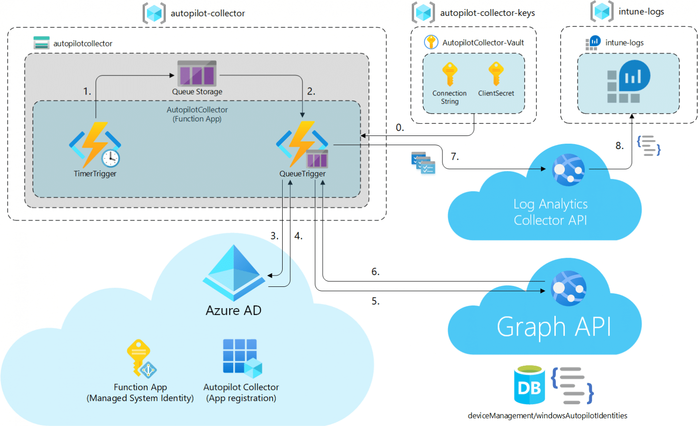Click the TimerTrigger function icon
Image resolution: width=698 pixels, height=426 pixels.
point(95,145)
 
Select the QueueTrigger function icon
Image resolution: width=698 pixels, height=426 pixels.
point(302,144)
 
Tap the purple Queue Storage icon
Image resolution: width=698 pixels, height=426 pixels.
point(197,74)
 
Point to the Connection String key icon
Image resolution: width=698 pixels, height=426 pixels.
point(449,74)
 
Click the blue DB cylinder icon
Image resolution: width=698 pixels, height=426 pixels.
point(529,385)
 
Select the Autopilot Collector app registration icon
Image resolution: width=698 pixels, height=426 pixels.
point(242,358)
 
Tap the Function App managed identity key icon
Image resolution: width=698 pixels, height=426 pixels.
point(141,359)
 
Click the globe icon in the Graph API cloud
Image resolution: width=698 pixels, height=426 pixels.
point(568,288)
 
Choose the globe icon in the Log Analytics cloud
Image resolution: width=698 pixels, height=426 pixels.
point(568,170)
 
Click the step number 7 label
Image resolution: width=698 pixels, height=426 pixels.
point(454,157)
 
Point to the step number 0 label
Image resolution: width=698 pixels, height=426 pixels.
point(399,128)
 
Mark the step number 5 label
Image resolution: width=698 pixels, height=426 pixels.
point(375,301)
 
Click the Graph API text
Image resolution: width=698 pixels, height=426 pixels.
point(553,327)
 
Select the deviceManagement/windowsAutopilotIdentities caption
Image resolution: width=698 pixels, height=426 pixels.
point(547,416)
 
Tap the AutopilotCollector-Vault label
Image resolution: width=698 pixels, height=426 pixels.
point(483,43)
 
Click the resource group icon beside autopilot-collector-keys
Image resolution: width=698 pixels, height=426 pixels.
point(423,12)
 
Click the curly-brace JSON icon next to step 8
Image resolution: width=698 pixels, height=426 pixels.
point(648,145)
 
